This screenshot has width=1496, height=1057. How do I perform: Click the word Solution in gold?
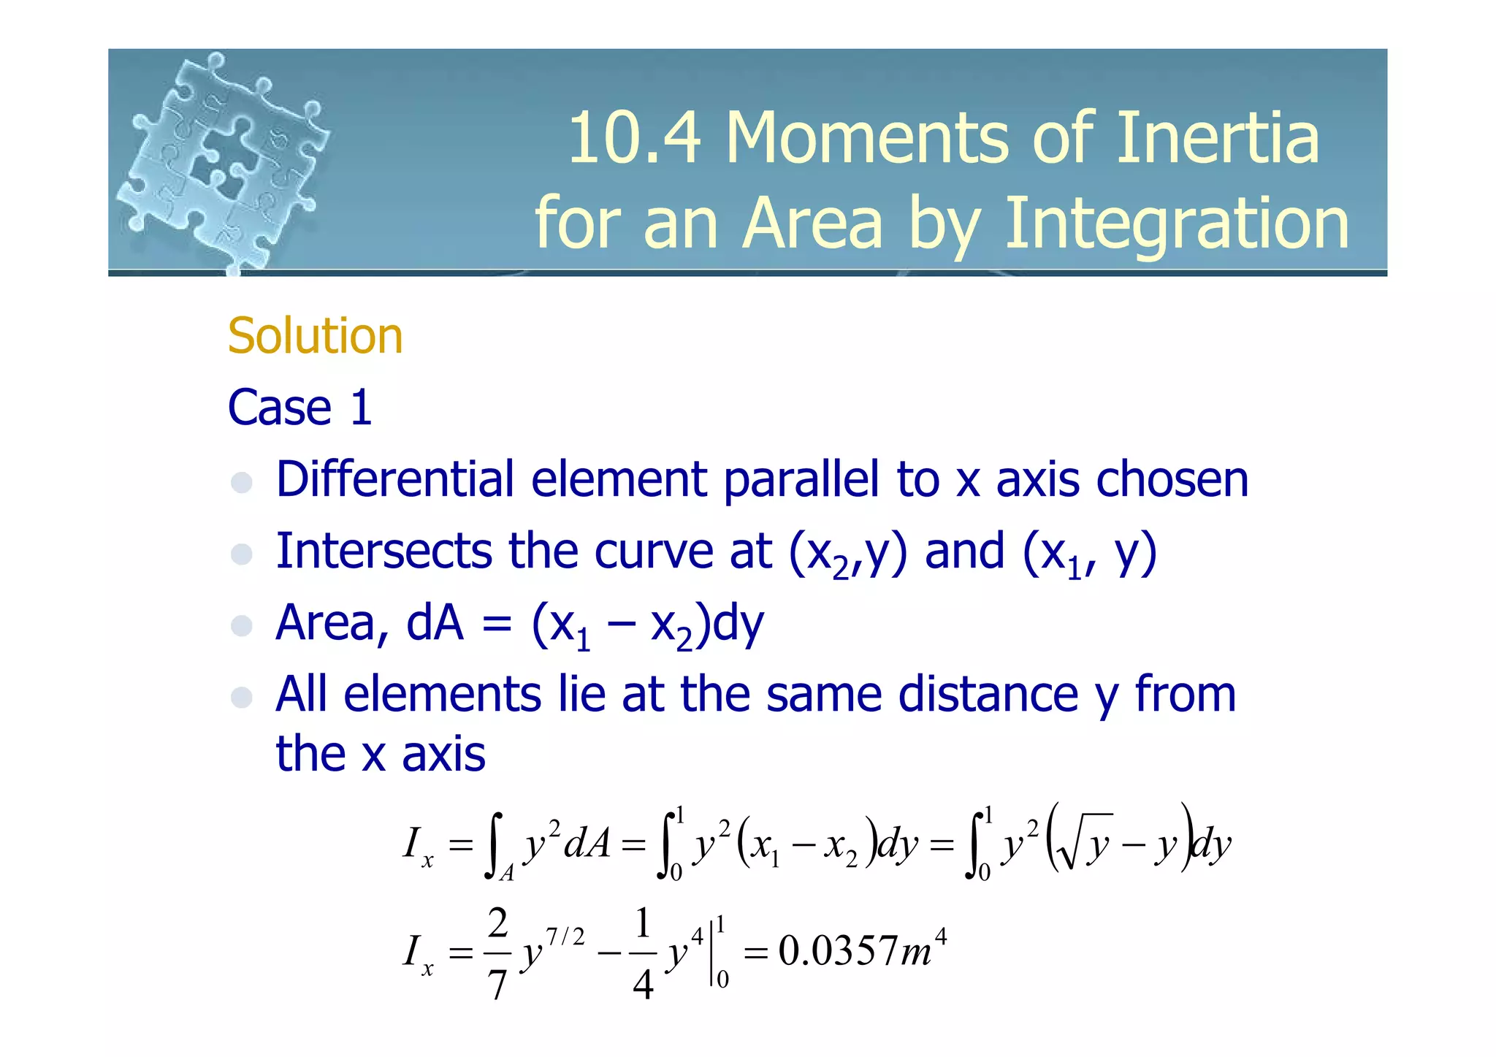[315, 336]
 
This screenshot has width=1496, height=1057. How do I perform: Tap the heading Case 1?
[300, 407]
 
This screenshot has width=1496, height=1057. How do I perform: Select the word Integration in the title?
[1177, 223]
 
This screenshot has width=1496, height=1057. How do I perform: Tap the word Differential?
[395, 479]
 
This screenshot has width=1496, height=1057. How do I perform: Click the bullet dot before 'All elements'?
[242, 697]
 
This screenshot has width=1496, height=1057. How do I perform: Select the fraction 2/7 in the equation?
[497, 953]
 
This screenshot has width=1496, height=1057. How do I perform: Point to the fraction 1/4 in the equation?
[643, 953]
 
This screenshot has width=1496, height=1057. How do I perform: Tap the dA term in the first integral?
[587, 844]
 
